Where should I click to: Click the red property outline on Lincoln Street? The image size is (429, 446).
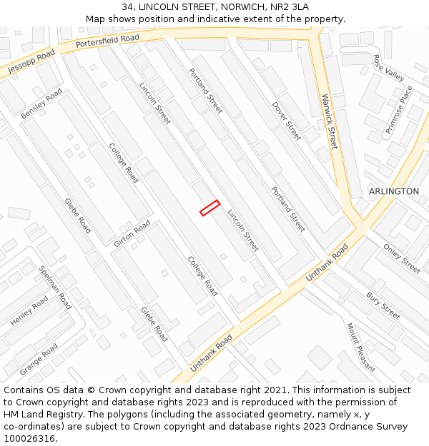click(x=209, y=207)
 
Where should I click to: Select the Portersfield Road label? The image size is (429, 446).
click(x=107, y=43)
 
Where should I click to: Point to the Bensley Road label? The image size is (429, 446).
click(x=41, y=104)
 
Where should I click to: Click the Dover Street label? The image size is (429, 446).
click(x=287, y=120)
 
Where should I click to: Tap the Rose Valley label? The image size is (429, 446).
click(x=388, y=69)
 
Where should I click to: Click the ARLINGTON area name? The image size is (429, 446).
click(x=394, y=191)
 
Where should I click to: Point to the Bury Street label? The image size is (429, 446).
click(x=383, y=305)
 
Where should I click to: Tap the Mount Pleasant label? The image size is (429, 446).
click(x=361, y=348)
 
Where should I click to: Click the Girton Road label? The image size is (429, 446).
click(x=132, y=234)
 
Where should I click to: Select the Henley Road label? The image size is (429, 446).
click(x=29, y=312)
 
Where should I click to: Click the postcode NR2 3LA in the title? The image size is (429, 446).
click(x=290, y=6)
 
